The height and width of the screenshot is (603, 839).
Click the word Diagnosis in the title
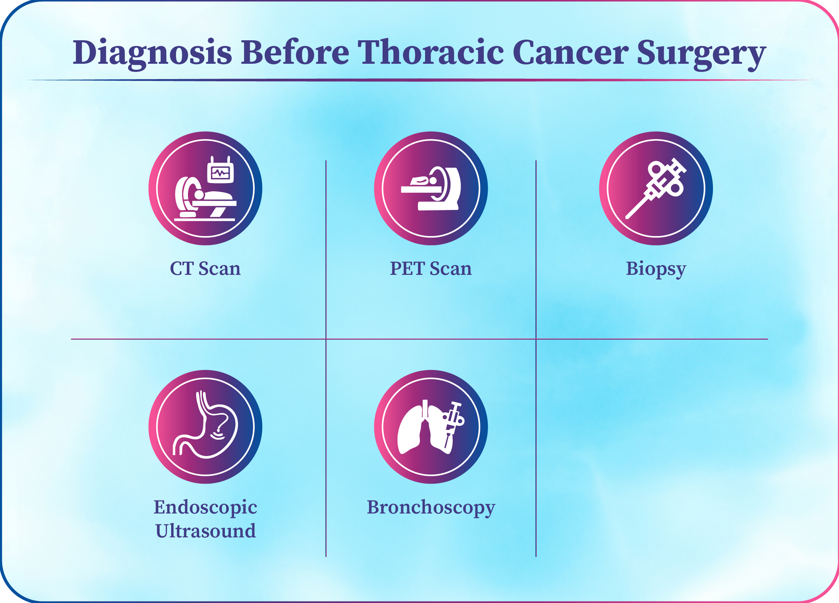(152, 53)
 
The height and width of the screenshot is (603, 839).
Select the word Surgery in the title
(701, 54)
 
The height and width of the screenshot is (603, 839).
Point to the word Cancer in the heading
(571, 52)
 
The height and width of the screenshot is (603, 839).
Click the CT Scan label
(205, 268)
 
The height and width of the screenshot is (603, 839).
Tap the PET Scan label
(431, 268)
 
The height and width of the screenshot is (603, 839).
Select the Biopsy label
(656, 270)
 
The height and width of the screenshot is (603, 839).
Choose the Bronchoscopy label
(431, 508)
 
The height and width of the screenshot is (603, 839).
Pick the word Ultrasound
(205, 531)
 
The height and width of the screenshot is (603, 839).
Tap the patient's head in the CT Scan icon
(199, 195)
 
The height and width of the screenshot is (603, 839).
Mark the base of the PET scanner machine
(438, 205)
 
